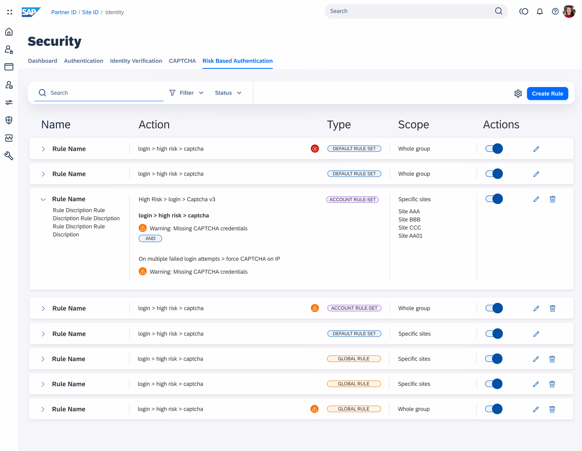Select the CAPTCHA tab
(x=182, y=61)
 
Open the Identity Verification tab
(x=136, y=61)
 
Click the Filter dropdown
(x=187, y=93)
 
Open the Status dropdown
(x=228, y=93)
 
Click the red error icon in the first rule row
(x=315, y=149)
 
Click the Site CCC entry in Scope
(x=410, y=228)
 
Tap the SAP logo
(x=31, y=12)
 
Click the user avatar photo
(x=569, y=12)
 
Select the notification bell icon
(x=540, y=12)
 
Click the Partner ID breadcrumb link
(x=64, y=12)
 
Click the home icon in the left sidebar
(x=9, y=32)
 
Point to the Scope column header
(x=414, y=125)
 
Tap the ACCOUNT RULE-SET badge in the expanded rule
(x=352, y=200)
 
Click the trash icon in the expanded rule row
(x=552, y=199)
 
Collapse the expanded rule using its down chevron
(x=43, y=199)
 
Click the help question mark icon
(x=555, y=12)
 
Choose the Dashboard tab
(x=43, y=61)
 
